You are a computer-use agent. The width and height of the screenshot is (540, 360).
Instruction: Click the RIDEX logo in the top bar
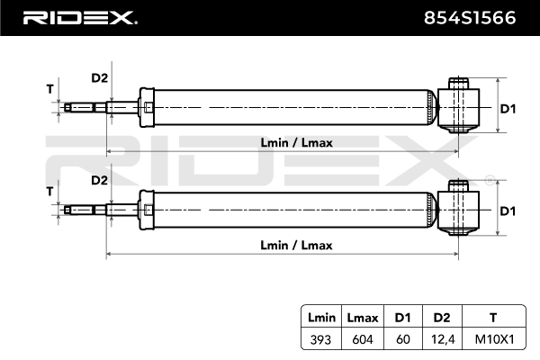point(79,17)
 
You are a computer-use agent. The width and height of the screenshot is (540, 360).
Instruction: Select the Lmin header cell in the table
point(321,317)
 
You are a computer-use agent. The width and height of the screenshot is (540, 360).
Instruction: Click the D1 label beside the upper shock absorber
point(508,109)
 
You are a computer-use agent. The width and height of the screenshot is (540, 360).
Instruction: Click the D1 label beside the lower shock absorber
point(508,211)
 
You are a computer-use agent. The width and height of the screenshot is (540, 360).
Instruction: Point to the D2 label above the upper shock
point(100,78)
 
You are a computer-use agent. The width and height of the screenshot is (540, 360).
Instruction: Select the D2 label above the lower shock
point(100,180)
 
